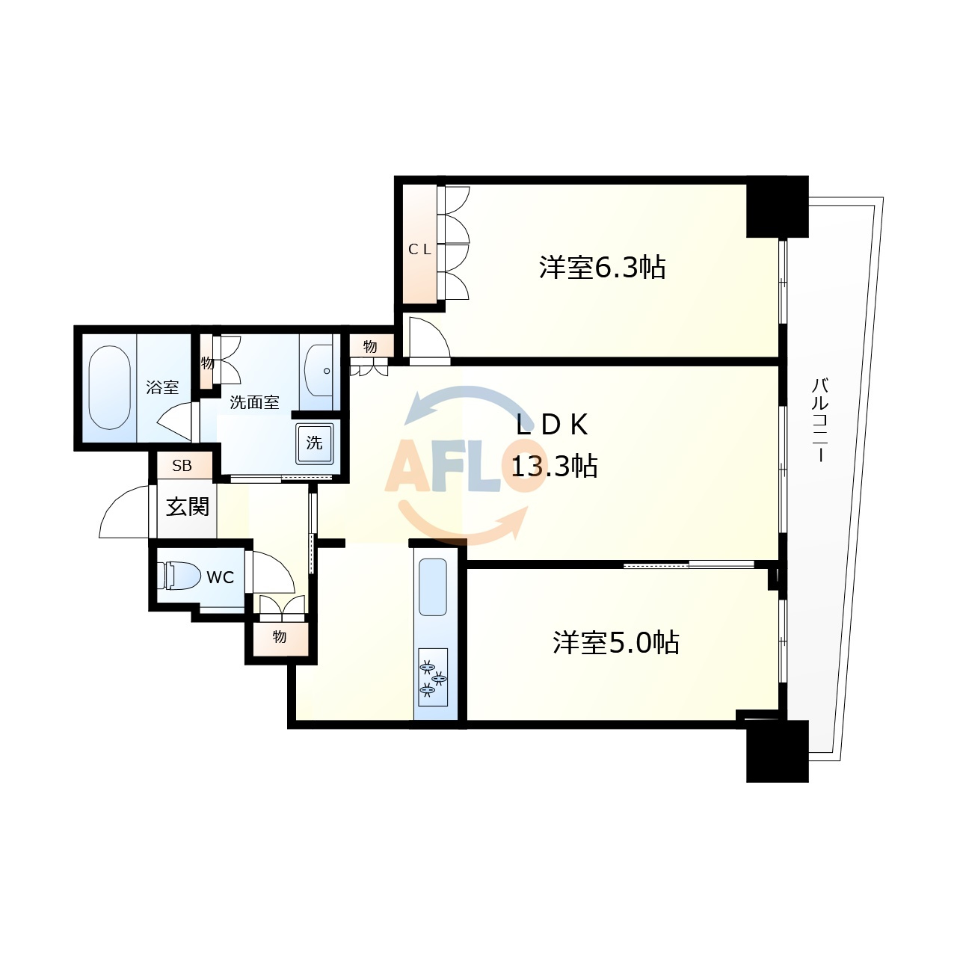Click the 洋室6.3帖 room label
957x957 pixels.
point(602,268)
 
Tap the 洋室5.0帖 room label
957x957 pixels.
point(616,643)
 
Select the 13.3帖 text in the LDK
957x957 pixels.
point(554,467)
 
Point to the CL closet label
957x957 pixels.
point(419,249)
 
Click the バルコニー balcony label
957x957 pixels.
point(820,420)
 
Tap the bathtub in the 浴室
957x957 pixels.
point(110,387)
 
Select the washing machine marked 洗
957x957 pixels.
point(314,443)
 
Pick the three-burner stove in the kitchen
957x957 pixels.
point(433,677)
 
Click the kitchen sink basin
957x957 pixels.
point(433,587)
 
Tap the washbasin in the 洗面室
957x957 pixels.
point(319,371)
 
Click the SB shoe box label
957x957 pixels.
point(182,465)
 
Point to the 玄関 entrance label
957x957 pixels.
point(187,507)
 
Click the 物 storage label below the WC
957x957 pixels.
point(280,637)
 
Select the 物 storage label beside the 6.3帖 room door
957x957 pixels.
point(370,346)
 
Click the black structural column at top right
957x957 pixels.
point(778,206)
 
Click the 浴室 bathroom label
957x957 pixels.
point(162,387)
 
